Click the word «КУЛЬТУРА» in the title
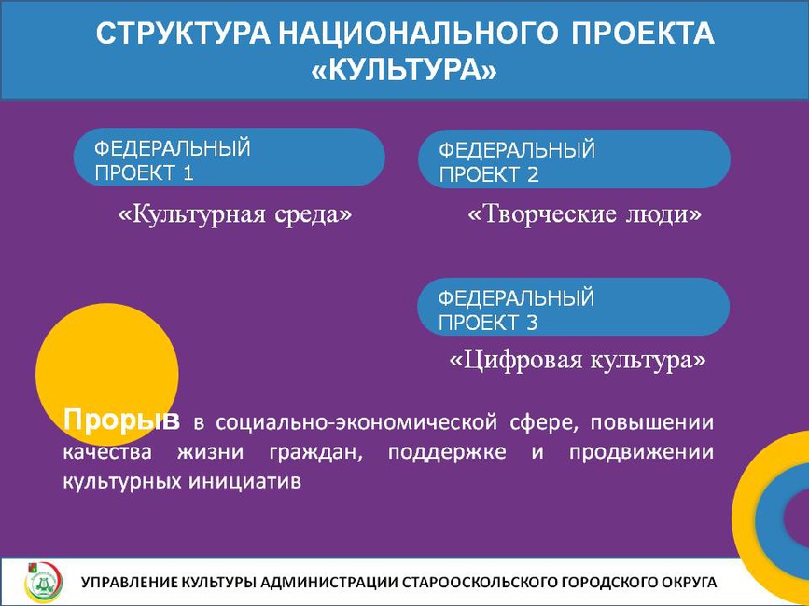click(405, 70)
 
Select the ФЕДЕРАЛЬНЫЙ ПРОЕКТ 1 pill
click(230, 158)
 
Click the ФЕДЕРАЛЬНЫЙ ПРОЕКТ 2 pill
click(574, 159)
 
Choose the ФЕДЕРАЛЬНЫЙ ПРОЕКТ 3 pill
click(573, 307)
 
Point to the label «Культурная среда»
click(235, 213)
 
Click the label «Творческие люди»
click(584, 214)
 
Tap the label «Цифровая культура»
click(578, 360)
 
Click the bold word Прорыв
click(121, 420)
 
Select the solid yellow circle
click(107, 375)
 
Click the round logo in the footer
click(43, 583)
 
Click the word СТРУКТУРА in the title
click(183, 34)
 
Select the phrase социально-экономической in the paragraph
click(353, 422)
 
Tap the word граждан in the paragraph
click(315, 453)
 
